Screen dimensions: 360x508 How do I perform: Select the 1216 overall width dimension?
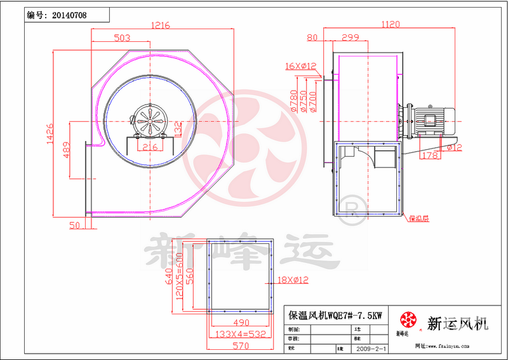tap(160, 25)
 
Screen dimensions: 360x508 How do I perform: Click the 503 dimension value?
tap(123, 38)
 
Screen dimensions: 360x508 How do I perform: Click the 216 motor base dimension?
tap(149, 147)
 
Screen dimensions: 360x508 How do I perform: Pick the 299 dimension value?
tap(351, 37)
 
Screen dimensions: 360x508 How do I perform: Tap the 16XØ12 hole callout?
tap(300, 65)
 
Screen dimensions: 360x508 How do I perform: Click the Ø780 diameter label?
tap(294, 101)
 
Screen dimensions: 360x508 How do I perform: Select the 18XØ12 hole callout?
tap(292, 279)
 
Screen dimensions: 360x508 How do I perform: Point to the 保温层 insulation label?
tap(418, 218)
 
